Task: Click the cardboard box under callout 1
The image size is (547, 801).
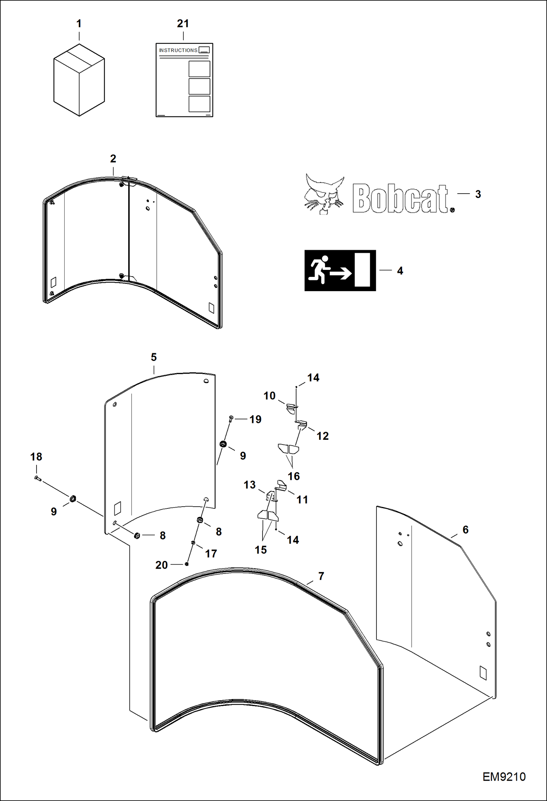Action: click(x=79, y=80)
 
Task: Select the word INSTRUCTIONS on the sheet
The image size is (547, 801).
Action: click(x=178, y=50)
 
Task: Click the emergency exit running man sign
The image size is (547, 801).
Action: click(x=340, y=270)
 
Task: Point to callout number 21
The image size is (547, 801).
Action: click(x=183, y=24)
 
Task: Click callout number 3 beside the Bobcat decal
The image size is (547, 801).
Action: click(x=478, y=194)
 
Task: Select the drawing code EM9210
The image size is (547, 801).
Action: click(x=504, y=777)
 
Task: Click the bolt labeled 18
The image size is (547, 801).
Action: click(x=38, y=478)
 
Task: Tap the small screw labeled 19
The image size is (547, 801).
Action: click(x=231, y=418)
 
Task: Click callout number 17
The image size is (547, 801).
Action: click(x=211, y=554)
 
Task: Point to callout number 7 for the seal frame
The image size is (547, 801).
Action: click(x=321, y=576)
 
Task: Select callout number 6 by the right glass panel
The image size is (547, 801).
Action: click(x=465, y=530)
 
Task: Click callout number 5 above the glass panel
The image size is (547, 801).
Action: click(x=154, y=357)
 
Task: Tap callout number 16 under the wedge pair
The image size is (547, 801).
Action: click(x=294, y=476)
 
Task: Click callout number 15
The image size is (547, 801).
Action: click(x=261, y=550)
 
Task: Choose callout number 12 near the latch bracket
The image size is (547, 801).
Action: click(x=322, y=436)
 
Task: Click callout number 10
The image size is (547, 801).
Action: click(x=269, y=396)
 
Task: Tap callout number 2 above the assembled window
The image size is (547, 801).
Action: click(x=113, y=159)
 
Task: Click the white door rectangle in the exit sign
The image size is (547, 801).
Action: click(x=362, y=270)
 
